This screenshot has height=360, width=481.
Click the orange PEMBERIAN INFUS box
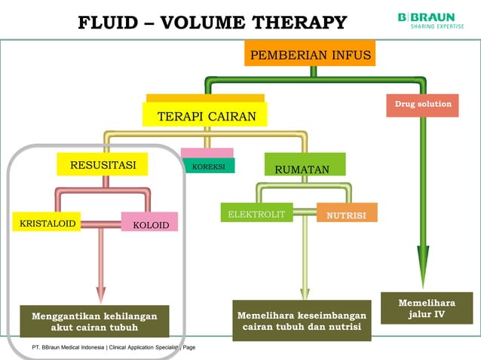[310, 55]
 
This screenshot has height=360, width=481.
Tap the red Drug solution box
[422, 105]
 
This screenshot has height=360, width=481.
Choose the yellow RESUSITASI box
[103, 165]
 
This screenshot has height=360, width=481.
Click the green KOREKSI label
[208, 166]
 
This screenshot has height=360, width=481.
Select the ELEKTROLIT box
[256, 214]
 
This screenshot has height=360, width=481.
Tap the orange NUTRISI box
[346, 214]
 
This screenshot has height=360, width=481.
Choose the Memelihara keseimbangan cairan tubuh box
[302, 320]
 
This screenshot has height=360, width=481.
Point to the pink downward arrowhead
[101, 294]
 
